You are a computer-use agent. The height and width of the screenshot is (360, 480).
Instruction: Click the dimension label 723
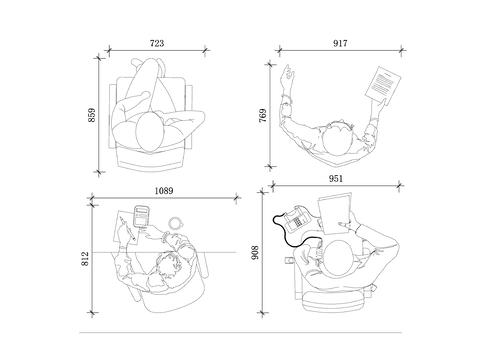(157, 43)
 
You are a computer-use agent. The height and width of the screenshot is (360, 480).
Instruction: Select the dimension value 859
(92, 115)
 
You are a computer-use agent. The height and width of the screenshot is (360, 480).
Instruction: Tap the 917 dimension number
(340, 43)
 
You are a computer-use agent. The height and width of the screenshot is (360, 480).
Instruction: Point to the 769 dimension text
(263, 116)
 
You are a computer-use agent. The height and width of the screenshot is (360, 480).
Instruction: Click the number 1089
(164, 191)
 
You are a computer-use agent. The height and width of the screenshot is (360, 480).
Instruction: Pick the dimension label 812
(85, 259)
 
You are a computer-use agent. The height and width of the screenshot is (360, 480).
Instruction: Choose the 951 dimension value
(336, 179)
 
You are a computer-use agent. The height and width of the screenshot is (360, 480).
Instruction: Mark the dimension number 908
(255, 253)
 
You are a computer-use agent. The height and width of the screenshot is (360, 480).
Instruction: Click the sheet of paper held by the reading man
(383, 86)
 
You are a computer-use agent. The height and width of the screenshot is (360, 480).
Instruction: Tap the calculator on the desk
(141, 216)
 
